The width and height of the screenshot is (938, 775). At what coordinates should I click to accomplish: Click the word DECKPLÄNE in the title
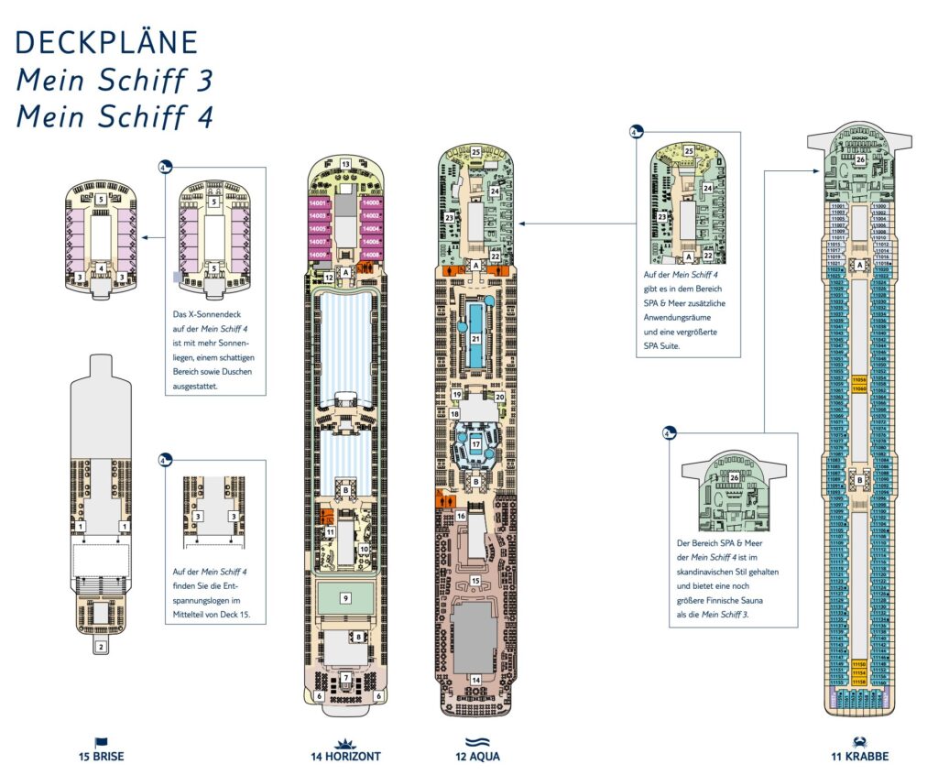click(x=107, y=42)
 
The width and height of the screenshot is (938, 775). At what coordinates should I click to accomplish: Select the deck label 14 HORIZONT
click(x=345, y=757)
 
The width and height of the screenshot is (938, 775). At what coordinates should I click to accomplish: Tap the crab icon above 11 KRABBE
click(x=859, y=740)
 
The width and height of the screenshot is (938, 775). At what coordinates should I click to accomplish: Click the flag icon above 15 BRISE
click(x=101, y=741)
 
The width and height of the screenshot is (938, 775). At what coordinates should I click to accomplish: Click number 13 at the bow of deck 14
click(x=345, y=164)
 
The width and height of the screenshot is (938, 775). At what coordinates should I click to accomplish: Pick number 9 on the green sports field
click(x=345, y=598)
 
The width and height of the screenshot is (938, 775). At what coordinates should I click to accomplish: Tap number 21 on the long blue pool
click(x=475, y=338)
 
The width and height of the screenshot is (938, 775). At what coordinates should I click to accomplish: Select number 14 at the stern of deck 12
click(x=475, y=679)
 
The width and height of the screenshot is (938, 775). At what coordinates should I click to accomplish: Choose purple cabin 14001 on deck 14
click(x=318, y=202)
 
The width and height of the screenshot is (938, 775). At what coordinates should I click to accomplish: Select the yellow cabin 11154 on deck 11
click(x=859, y=672)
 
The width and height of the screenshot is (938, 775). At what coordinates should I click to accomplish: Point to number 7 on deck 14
click(x=345, y=679)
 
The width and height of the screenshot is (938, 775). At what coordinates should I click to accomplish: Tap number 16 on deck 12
click(x=462, y=517)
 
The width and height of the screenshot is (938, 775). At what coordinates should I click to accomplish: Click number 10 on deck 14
click(x=364, y=549)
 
